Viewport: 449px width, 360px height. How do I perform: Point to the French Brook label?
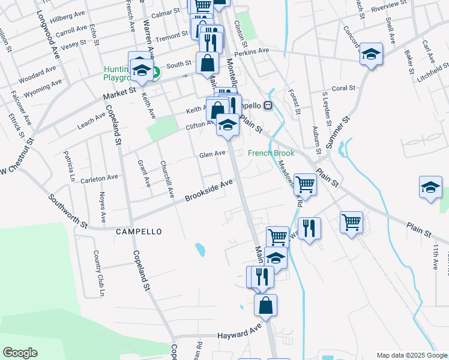271,153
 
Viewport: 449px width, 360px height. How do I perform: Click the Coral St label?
343,88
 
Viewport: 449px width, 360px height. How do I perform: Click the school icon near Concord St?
372,53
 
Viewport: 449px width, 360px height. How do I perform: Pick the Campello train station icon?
268,106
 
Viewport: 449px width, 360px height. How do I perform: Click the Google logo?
20,353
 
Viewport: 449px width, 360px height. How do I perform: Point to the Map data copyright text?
411,355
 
